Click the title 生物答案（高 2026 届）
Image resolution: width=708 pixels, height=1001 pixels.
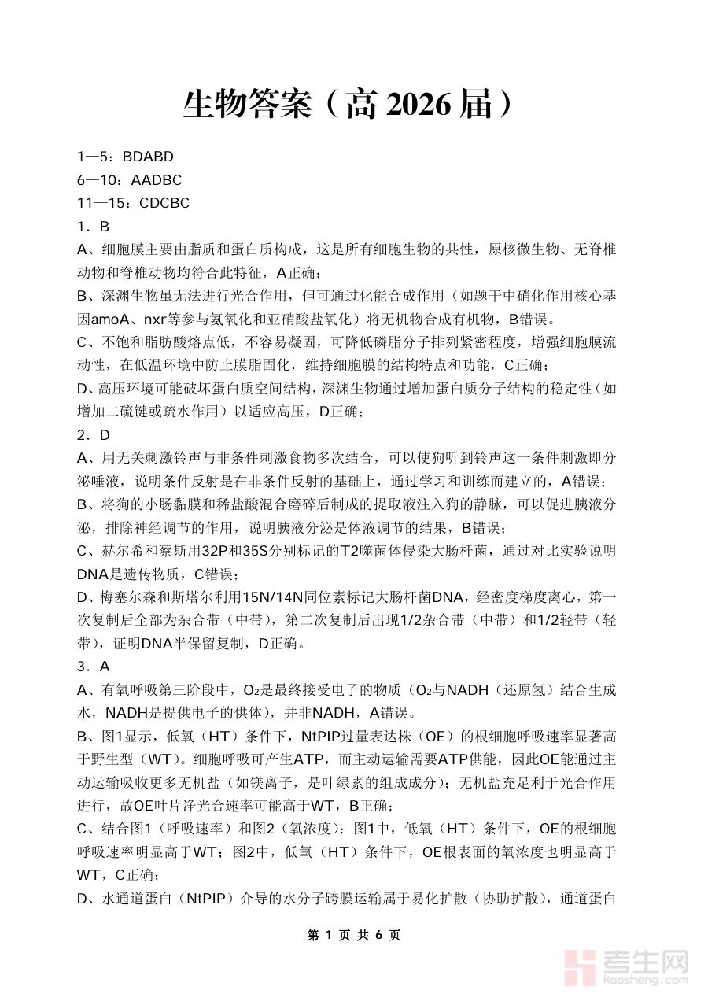click(353, 105)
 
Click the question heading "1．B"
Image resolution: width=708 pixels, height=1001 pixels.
click(93, 227)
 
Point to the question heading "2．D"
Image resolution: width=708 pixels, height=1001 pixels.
click(93, 435)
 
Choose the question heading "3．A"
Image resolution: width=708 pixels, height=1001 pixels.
click(93, 667)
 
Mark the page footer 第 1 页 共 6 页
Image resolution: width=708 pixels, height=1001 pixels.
click(353, 935)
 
